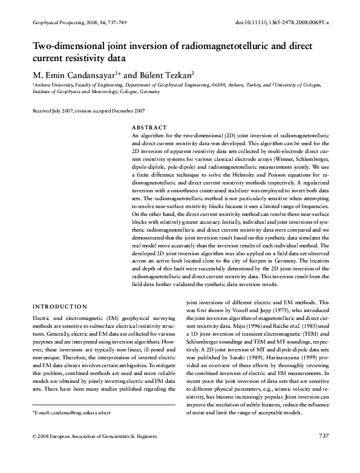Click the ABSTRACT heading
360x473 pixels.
149,128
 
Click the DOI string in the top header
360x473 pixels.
281,22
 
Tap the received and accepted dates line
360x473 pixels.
88,111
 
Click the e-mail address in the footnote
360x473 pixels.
77,429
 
